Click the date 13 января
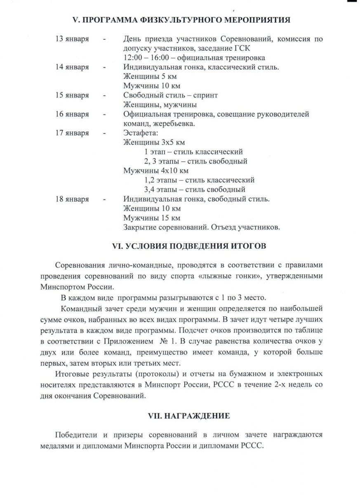tap(72, 39)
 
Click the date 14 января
tap(72, 67)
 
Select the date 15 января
tap(72, 95)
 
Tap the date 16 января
tap(72, 114)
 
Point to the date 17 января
tap(72, 133)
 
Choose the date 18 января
tap(72, 199)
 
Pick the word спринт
tap(203, 95)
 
